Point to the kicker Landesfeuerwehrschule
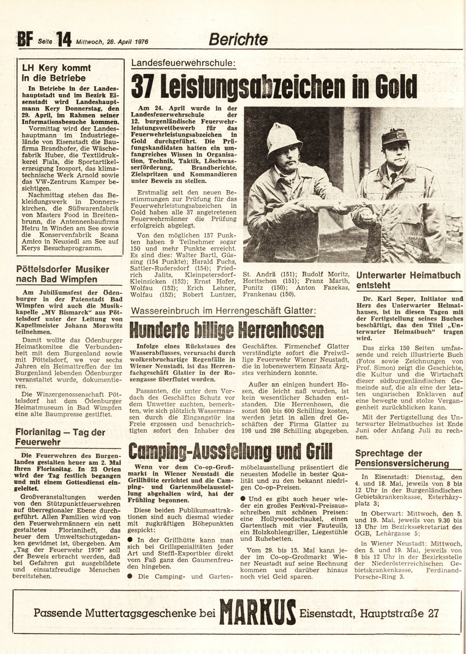183,63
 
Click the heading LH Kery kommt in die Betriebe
56,73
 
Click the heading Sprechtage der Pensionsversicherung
402,458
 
